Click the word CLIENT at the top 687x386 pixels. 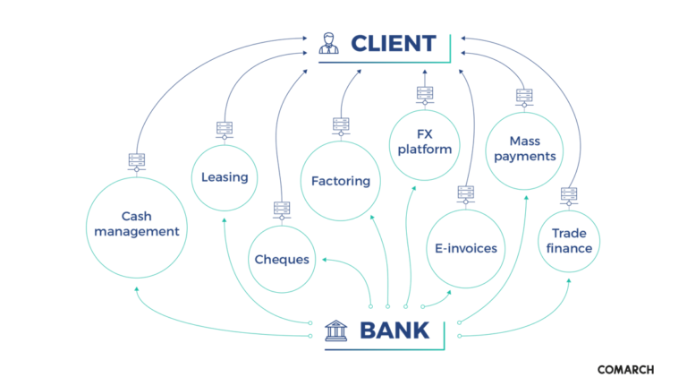tap(393, 43)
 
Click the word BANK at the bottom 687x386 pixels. tap(394, 330)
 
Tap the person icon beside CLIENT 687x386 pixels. tap(329, 43)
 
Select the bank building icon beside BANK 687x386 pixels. tap(336, 330)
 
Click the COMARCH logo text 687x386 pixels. tap(625, 369)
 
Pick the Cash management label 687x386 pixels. tap(138, 224)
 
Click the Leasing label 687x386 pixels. tap(225, 177)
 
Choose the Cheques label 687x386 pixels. tap(282, 260)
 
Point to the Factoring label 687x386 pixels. tap(340, 181)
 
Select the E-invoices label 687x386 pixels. tap(465, 249)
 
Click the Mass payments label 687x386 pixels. tap(524, 149)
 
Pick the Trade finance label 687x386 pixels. tap(570, 241)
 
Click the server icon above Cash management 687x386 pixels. tap(137, 162)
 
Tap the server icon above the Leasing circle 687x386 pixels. tap(225, 130)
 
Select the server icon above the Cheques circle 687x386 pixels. tap(282, 210)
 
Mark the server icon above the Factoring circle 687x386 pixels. tap(340, 125)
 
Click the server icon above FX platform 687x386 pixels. tap(425, 93)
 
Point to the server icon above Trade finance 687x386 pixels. tap(569, 194)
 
